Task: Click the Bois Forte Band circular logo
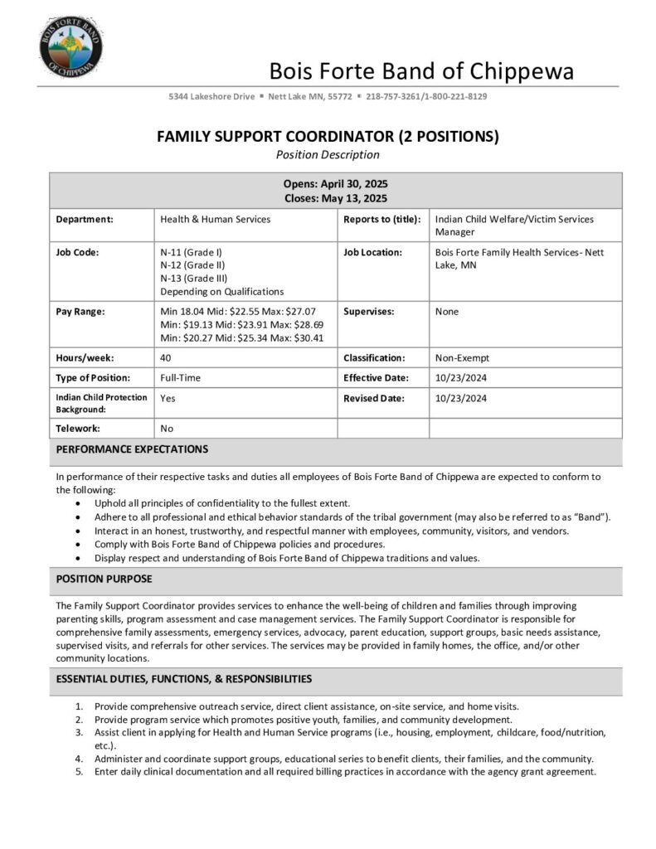(x=71, y=46)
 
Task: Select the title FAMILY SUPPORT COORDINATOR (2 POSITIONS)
(x=328, y=137)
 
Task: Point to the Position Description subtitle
(x=328, y=154)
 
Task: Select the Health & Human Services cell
(x=215, y=220)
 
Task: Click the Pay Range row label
(x=81, y=312)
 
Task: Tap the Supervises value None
(x=446, y=312)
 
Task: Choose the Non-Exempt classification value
(x=462, y=358)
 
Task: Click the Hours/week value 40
(x=166, y=358)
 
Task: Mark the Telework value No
(x=167, y=429)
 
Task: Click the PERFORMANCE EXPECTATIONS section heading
(x=132, y=449)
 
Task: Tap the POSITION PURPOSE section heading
(x=104, y=579)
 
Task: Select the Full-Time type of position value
(x=181, y=378)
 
